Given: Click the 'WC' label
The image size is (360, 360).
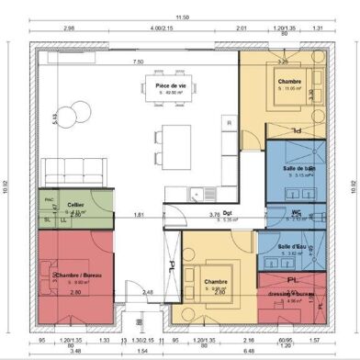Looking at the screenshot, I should pyautogui.click(x=296, y=213).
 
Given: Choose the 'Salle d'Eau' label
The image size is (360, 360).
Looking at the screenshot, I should pyautogui.click(x=290, y=247).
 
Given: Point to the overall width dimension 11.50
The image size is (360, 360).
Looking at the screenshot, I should pyautogui.click(x=183, y=17).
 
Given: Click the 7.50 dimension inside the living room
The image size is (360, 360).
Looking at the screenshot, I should pyautogui.click(x=138, y=62).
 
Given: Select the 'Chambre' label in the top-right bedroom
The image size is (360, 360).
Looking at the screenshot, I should pyautogui.click(x=290, y=81).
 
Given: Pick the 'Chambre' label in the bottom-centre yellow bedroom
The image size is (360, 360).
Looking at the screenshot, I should pyautogui.click(x=215, y=282).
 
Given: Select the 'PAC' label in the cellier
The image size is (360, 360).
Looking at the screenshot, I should pyautogui.click(x=49, y=198).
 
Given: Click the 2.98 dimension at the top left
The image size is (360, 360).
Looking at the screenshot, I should pyautogui.click(x=68, y=28).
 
